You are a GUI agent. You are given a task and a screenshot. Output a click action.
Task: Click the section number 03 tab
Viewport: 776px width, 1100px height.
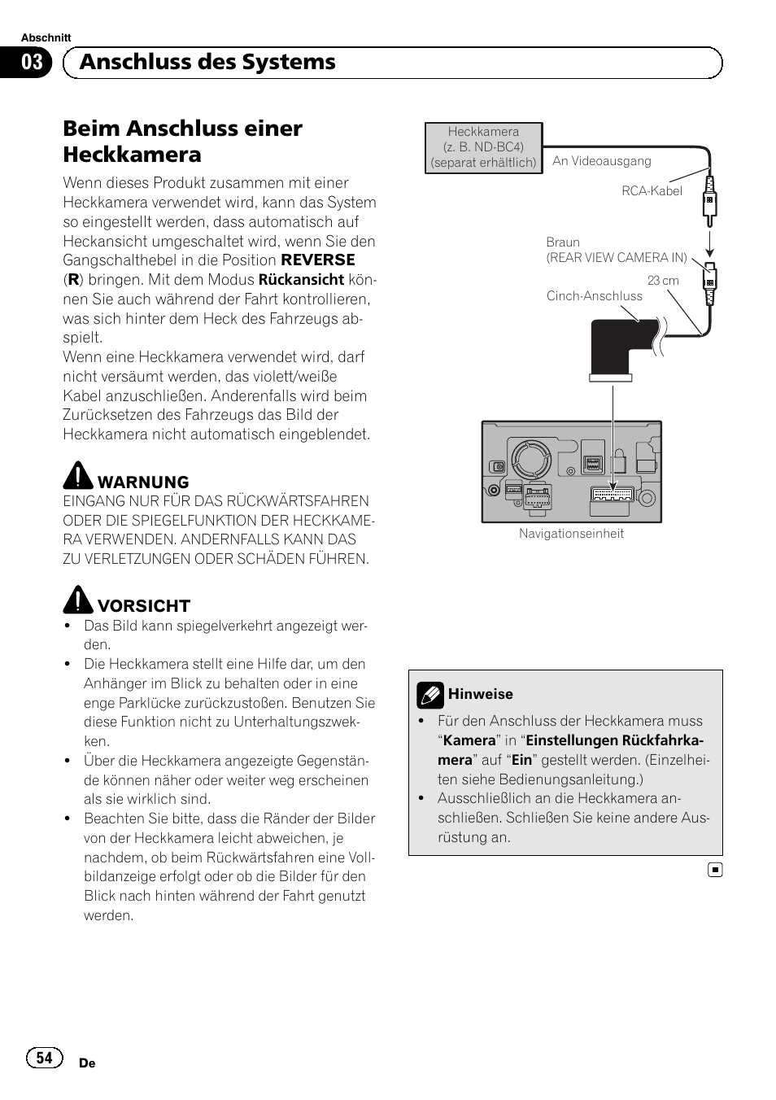32,63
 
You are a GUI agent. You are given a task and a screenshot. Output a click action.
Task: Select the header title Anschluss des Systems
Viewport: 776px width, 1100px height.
207,63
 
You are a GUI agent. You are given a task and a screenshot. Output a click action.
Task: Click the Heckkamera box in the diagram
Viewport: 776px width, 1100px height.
483,147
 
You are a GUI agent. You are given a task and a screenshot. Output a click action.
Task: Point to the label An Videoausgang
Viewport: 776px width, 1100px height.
601,161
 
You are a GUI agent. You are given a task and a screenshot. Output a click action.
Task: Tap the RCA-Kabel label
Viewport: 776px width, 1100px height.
652,191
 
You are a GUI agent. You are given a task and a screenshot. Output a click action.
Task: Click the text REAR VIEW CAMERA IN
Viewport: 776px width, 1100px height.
617,258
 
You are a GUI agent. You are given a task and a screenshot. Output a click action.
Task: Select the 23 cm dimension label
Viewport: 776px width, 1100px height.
663,281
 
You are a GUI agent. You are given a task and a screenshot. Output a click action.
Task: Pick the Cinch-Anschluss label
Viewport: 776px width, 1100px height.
594,296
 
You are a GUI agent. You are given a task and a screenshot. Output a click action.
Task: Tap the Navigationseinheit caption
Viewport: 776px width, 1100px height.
571,534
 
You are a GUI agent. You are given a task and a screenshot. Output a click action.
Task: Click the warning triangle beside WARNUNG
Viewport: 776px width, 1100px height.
78,475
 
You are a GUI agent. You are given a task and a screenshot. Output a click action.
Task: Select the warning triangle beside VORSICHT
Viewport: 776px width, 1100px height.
78,600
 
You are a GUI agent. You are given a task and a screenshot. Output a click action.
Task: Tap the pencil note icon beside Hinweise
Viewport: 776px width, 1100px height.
429,695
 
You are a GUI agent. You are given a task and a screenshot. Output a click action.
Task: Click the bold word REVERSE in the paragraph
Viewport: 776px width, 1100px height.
318,260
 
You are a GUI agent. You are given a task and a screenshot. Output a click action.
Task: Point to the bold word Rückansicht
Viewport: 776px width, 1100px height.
301,280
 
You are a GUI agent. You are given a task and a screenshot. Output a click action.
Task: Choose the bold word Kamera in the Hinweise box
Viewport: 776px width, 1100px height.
469,740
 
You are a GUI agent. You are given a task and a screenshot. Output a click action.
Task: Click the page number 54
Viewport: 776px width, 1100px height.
44,1058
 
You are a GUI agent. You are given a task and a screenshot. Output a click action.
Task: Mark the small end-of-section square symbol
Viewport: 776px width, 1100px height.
714,871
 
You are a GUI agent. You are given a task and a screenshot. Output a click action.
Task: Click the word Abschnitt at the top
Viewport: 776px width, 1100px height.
46,37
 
